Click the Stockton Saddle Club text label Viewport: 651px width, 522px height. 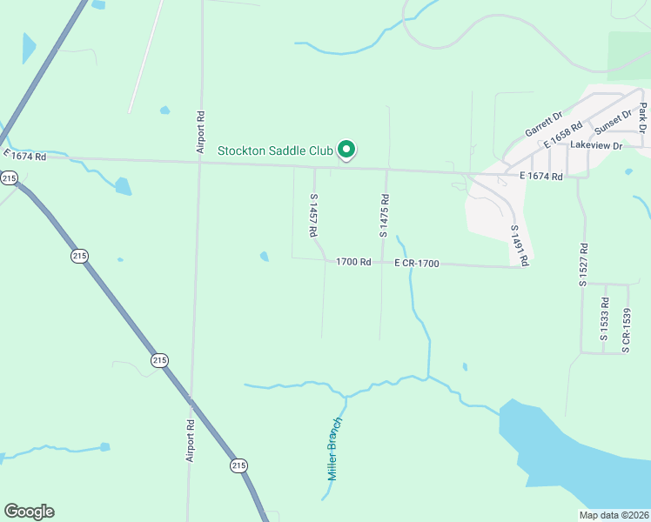click(x=276, y=151)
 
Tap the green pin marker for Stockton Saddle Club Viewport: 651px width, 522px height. click(x=346, y=151)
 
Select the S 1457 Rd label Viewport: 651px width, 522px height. click(x=313, y=216)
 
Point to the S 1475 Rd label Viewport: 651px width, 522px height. click(x=383, y=216)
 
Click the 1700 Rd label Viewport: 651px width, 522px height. click(x=353, y=262)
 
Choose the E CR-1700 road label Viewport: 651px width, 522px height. click(x=416, y=263)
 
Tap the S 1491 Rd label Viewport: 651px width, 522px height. click(x=520, y=244)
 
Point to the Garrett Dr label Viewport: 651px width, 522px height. click(x=544, y=124)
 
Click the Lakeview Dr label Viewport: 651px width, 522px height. click(x=596, y=146)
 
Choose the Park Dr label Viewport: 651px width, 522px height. click(x=642, y=117)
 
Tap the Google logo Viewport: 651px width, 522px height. click(x=29, y=512)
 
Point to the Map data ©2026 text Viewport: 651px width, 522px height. click(x=614, y=515)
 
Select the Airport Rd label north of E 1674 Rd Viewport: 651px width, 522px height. click(x=200, y=132)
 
